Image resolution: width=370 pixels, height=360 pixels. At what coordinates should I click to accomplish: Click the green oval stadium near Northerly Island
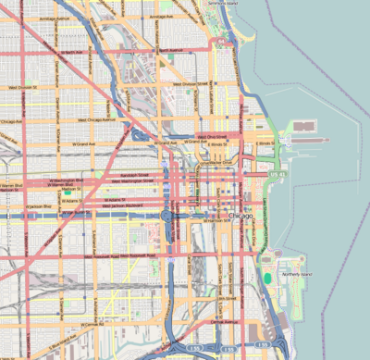tap(267, 277)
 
